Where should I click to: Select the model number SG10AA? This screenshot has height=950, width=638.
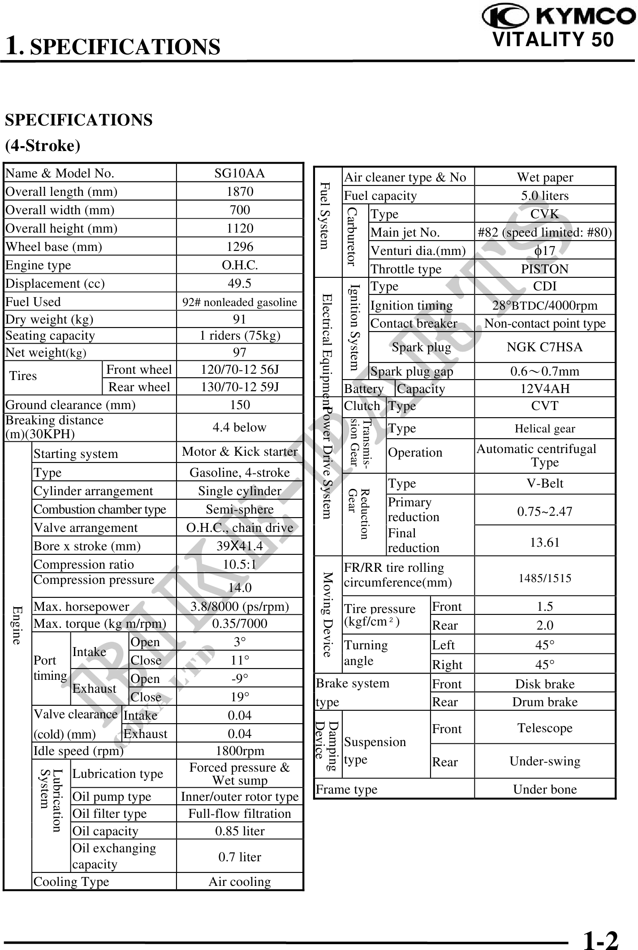click(240, 173)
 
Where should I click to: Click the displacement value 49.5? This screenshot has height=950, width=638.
click(240, 283)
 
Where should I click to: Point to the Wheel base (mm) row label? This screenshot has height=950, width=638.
click(54, 247)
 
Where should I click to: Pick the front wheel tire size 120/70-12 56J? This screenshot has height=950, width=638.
click(240, 370)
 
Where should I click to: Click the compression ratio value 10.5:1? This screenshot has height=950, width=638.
click(240, 564)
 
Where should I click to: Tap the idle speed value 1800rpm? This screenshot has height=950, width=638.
click(240, 751)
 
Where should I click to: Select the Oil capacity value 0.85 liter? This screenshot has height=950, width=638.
click(240, 831)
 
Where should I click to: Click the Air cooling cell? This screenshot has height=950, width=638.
click(240, 881)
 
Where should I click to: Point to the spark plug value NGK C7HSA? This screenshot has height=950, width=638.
click(544, 347)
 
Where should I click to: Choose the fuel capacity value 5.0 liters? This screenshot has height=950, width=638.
click(544, 196)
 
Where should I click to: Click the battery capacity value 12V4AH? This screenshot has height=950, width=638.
click(544, 389)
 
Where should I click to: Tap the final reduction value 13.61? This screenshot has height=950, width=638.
click(544, 542)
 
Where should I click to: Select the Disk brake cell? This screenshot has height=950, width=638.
click(544, 684)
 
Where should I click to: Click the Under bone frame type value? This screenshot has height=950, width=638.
click(544, 789)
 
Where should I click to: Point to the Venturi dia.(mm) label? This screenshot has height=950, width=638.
click(418, 251)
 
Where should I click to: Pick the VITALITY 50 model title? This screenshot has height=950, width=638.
click(553, 40)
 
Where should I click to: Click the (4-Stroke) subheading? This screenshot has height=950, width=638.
click(43, 146)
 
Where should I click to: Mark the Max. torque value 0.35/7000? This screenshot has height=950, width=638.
click(240, 623)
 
